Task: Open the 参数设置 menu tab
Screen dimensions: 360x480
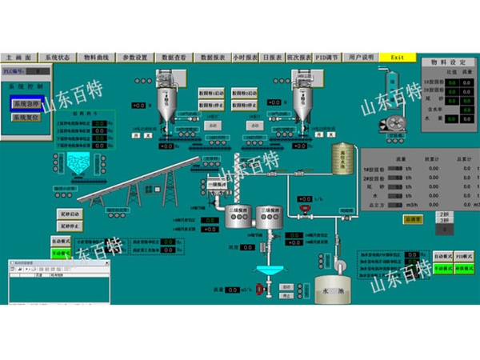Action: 135,58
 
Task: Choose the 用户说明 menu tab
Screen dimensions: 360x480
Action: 361,58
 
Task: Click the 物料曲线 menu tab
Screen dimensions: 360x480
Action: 97,58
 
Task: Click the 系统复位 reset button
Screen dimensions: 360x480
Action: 26,117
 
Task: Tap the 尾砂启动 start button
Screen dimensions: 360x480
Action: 70,214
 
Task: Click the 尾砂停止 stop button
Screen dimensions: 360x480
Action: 70,226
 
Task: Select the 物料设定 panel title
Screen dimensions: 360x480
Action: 448,62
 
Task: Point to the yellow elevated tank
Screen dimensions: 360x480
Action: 342,158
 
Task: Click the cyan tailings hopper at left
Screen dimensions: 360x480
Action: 78,165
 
